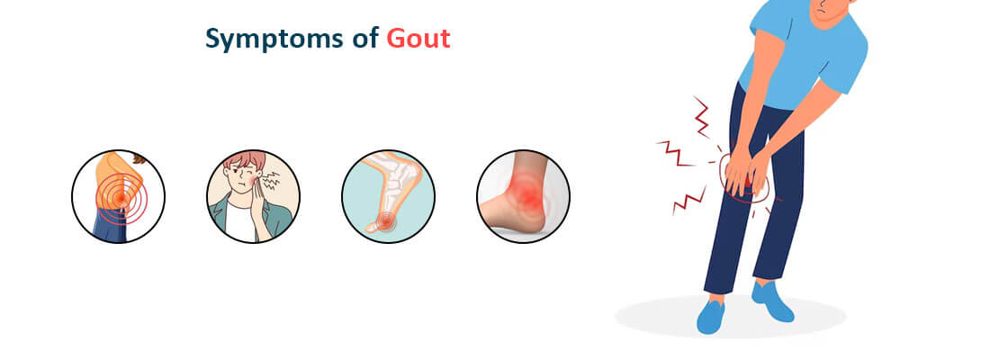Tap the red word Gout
coord(418,39)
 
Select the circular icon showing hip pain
coord(118,196)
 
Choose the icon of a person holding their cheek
coord(253,196)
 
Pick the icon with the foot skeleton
coord(388,196)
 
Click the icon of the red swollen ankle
coord(523,196)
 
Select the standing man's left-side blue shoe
coord(711,316)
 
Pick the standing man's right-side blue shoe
coord(774,301)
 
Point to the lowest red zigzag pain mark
coord(688,202)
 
